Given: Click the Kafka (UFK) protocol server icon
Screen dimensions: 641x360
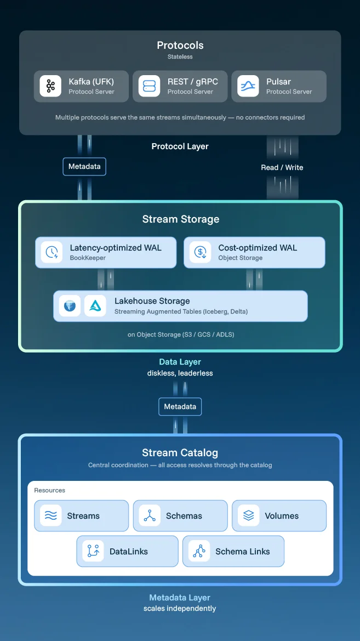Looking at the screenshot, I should click(50, 86).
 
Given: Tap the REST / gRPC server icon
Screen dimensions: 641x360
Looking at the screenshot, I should click(149, 86).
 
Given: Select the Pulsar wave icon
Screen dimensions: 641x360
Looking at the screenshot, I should click(248, 86).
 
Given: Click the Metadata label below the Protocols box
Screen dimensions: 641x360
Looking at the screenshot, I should click(84, 167).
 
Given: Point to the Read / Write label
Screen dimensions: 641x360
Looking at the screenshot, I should click(282, 167).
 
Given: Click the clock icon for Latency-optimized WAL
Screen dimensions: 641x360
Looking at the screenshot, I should click(52, 252).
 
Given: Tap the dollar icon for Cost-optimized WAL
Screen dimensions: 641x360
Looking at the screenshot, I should click(200, 252).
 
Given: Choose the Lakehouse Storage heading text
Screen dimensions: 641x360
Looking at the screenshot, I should click(152, 301).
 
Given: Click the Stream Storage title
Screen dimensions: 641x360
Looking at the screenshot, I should click(180, 219).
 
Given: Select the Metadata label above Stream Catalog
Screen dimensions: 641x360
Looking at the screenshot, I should click(180, 407).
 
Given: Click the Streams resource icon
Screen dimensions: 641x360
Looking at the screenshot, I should click(50, 515).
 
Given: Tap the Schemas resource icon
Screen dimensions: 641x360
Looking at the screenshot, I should click(150, 515).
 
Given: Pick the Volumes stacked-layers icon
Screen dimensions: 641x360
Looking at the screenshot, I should click(248, 515).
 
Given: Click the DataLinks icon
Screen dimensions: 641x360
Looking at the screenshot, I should click(93, 551).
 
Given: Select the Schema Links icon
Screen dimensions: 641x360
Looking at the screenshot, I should click(199, 551).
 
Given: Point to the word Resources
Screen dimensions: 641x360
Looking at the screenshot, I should click(49, 490).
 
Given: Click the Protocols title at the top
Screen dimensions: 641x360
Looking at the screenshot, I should click(180, 46).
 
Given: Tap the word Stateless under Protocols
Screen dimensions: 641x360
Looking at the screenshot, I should click(180, 56).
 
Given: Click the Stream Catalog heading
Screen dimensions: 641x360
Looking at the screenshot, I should click(180, 453).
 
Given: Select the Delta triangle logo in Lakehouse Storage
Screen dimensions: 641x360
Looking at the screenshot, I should click(95, 306).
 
